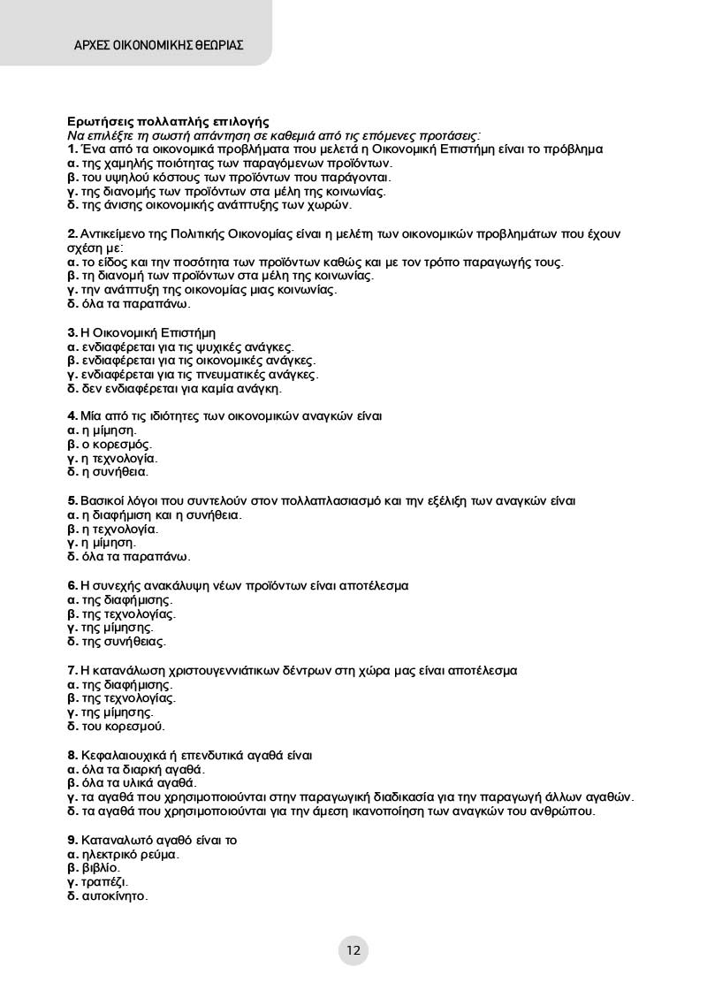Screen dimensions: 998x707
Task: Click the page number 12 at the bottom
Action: [x=353, y=951]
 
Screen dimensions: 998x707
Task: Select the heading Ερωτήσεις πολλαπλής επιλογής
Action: [x=168, y=121]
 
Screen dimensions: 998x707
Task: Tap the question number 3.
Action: [x=72, y=332]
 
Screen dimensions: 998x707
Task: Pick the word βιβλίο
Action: [x=100, y=868]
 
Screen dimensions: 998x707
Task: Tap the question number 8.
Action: [x=72, y=755]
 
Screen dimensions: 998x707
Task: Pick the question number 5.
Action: [x=72, y=500]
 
